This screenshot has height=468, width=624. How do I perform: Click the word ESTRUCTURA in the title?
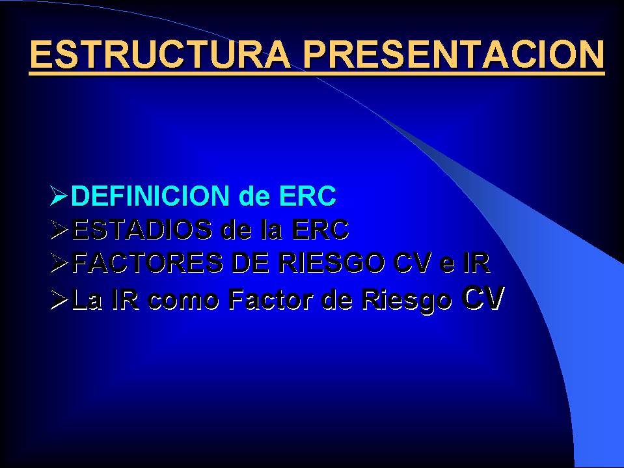pos(160,54)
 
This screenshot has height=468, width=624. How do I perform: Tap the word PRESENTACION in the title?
pos(454,54)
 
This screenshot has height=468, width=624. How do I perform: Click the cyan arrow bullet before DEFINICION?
pos(59,195)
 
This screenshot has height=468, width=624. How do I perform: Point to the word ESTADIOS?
pos(142,229)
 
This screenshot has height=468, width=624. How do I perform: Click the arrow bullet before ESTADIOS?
pos(59,230)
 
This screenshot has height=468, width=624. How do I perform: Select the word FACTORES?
pos(147,263)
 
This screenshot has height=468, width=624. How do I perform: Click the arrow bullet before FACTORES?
pos(59,263)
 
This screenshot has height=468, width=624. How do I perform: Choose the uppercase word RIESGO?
pos(331,263)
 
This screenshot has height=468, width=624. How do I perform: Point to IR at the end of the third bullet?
pos(476,263)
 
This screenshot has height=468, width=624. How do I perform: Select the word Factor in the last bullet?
pos(271,299)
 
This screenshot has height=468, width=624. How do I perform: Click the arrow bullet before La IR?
pos(59,299)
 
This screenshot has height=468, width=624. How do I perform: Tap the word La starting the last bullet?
pos(87,299)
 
